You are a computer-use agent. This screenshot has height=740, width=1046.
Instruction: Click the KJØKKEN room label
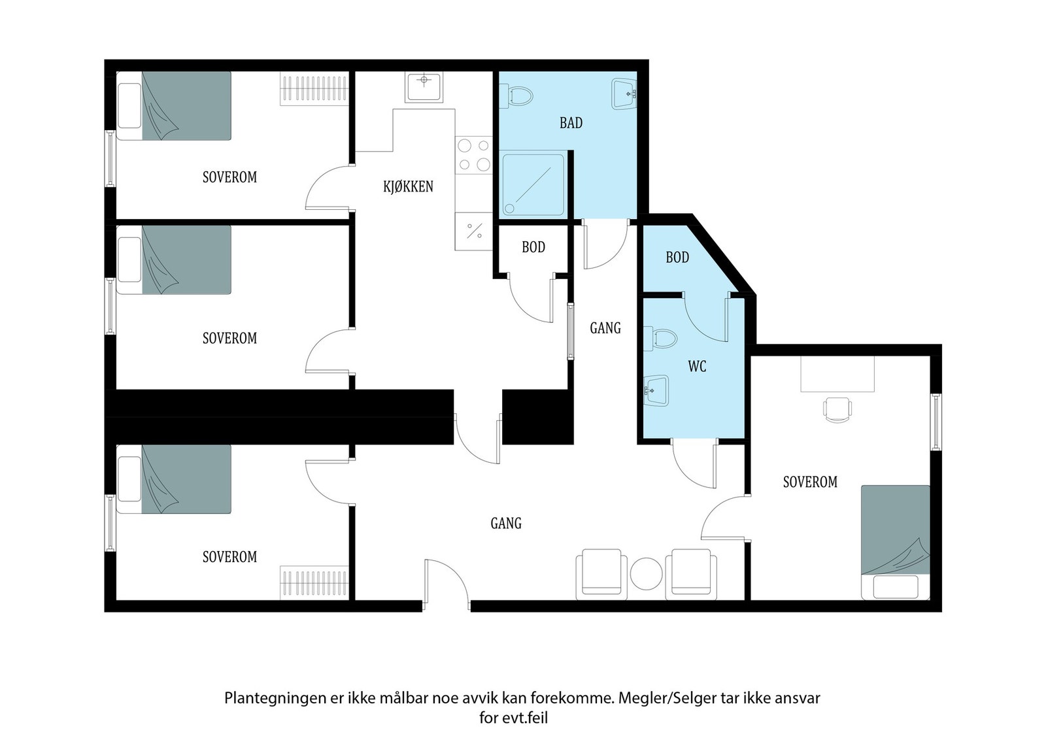[408, 187]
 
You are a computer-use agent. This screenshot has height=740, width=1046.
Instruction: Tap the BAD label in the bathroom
[571, 123]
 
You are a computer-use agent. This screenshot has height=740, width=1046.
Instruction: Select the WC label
[697, 367]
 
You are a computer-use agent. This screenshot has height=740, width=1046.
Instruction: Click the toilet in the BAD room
[516, 95]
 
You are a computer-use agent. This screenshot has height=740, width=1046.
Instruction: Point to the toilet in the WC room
[660, 339]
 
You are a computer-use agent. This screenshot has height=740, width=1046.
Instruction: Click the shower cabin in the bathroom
[533, 185]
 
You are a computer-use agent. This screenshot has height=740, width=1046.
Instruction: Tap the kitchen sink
[424, 86]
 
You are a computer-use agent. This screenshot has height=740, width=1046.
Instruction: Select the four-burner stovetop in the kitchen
[473, 154]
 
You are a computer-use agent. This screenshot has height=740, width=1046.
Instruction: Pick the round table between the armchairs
[647, 574]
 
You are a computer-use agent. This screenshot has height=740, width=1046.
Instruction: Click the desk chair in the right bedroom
[837, 409]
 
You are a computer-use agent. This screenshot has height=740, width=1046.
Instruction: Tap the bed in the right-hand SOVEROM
[896, 542]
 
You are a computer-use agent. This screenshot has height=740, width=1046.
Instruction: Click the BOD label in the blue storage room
[677, 258]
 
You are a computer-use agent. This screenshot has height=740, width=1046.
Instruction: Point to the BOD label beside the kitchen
[533, 247]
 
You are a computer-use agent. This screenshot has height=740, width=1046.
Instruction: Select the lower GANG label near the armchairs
[506, 524]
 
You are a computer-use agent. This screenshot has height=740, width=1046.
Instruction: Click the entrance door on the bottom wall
[446, 584]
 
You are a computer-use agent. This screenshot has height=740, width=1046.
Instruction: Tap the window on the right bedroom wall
[936, 422]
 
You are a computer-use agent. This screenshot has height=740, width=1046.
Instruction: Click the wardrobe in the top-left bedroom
[314, 89]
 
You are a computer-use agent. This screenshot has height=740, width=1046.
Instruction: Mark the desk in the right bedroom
[837, 374]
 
